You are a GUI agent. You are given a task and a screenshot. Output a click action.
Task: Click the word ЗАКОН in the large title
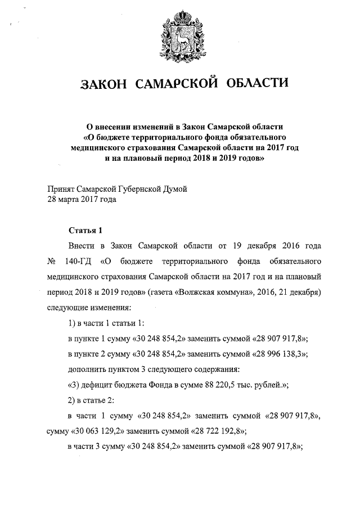(x=107, y=85)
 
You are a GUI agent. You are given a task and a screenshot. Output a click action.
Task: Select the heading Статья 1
(x=85, y=231)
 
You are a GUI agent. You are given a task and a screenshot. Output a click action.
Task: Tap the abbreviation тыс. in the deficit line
(x=236, y=385)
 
